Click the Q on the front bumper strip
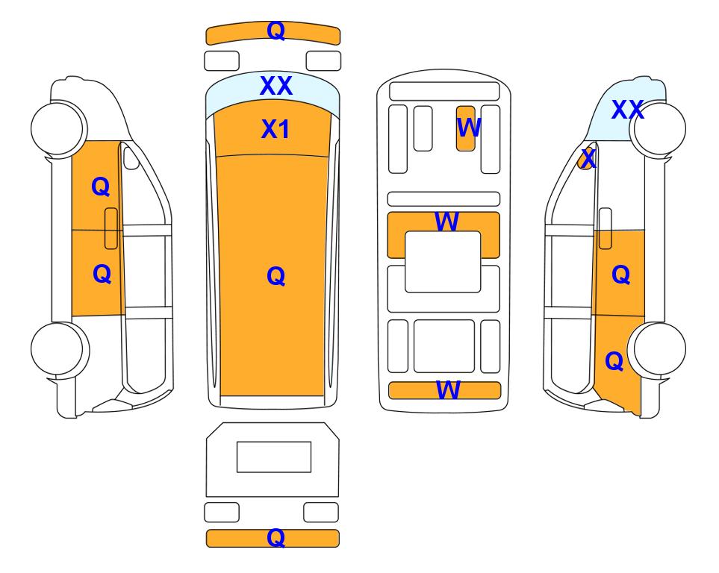tap(276, 31)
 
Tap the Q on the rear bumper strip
tap(276, 537)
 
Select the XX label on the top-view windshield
tap(276, 86)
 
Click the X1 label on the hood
tap(275, 129)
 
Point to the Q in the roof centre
tap(276, 276)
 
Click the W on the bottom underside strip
tap(447, 390)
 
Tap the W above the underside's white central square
tap(446, 222)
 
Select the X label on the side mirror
tap(588, 159)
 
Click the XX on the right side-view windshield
tap(628, 110)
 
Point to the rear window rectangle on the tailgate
tap(274, 457)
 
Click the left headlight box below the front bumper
tap(222, 61)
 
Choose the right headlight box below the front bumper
tap(323, 61)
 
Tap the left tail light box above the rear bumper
tap(222, 512)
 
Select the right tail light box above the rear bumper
tap(321, 512)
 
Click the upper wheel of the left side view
tap(57, 128)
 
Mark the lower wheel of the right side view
tap(659, 348)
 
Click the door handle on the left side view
tap(111, 228)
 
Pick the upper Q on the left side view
tap(101, 187)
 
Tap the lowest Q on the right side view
tap(614, 361)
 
